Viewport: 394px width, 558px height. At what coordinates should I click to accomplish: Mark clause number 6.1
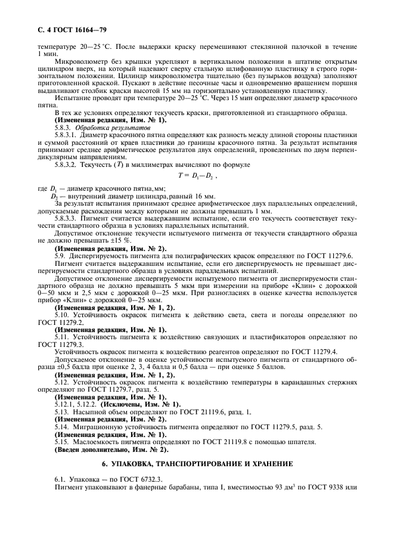point(60,479)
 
